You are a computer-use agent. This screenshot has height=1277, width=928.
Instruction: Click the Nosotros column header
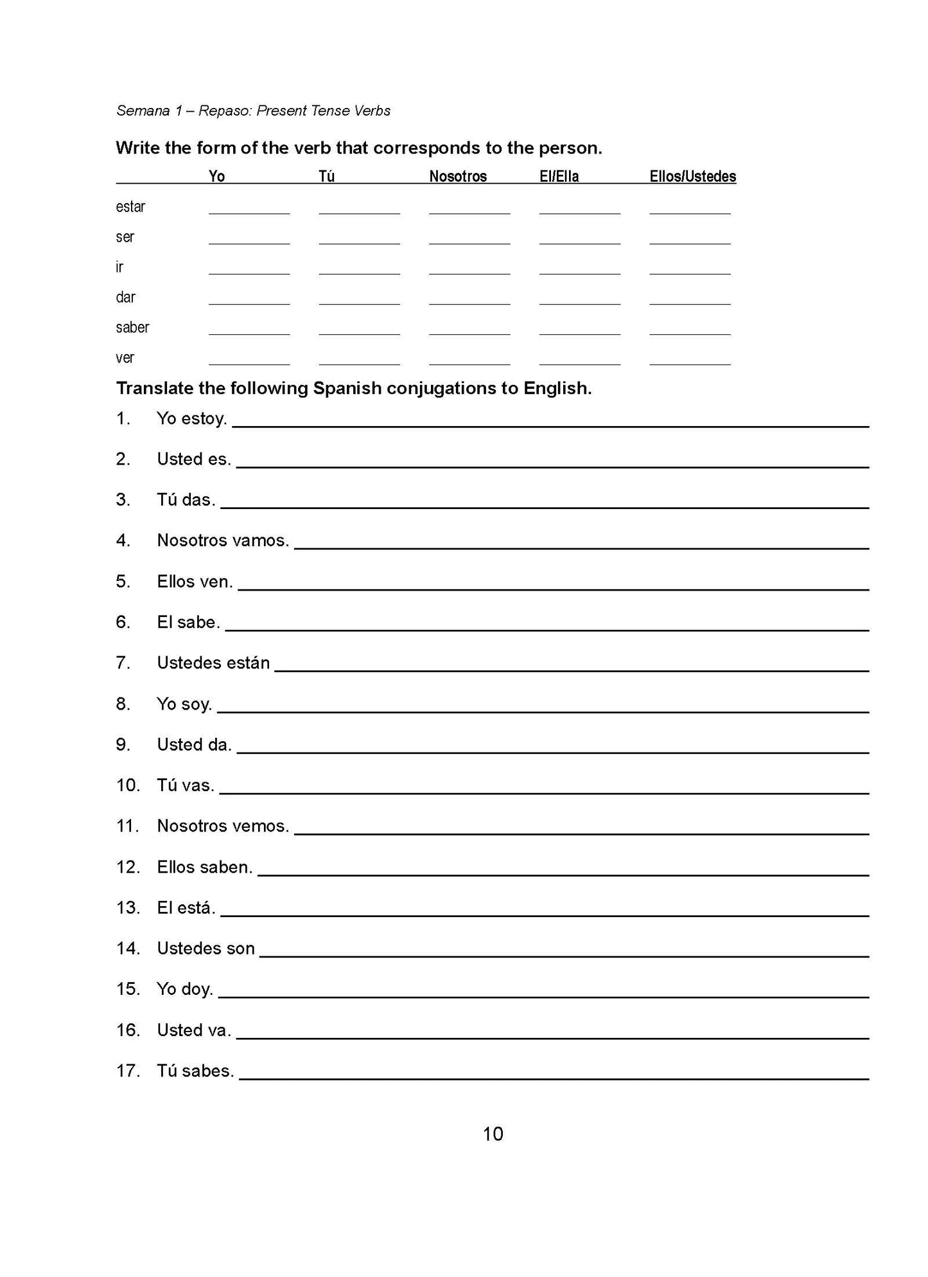[x=458, y=176]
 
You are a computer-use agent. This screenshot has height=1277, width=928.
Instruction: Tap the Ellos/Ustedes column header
[x=692, y=176]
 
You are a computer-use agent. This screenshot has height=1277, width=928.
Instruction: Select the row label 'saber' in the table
[x=132, y=327]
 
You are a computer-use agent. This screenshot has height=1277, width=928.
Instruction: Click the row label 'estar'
[x=130, y=206]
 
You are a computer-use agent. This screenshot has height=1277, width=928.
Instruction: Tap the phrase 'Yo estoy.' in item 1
[x=191, y=418]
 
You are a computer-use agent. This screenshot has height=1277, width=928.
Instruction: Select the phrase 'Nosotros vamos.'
[x=223, y=540]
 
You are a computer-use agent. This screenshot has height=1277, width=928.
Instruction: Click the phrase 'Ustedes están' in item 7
[x=213, y=663]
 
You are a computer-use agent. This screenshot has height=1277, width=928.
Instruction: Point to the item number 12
[x=128, y=867]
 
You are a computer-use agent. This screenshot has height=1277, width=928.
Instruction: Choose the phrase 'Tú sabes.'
[x=195, y=1071]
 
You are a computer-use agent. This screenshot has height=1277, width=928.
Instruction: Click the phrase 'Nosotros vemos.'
[x=223, y=826]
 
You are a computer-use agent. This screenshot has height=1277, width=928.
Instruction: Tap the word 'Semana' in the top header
[x=143, y=111]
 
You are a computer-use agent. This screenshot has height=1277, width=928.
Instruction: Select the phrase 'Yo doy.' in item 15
[x=185, y=989]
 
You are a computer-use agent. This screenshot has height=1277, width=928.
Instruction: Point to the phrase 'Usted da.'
[x=194, y=744]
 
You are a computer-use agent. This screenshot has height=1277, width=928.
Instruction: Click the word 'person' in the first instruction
[x=568, y=148]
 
